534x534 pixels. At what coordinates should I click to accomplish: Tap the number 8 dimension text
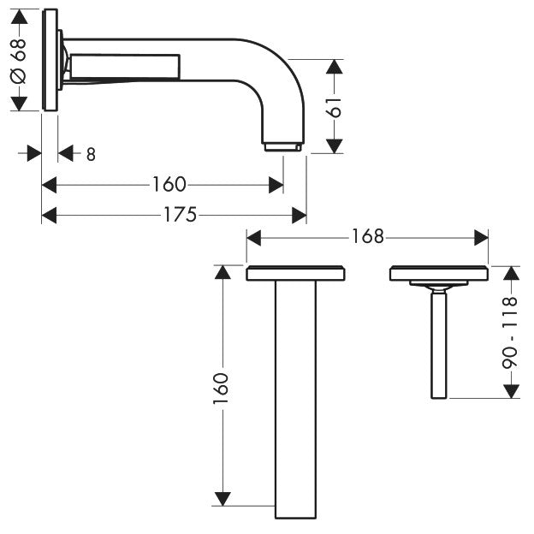pos(91,154)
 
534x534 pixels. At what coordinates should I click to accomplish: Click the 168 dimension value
pos(367,237)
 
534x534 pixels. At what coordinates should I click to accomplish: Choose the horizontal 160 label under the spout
pos(169,184)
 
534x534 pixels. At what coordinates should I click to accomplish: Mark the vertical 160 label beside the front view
pos(222,388)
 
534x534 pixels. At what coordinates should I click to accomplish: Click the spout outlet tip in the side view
pos(282,147)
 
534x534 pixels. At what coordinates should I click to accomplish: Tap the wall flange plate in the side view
pos(50,60)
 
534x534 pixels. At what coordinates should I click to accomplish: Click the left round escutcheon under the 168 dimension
pos(295,274)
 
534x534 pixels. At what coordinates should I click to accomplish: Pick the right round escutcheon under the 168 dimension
pos(438,274)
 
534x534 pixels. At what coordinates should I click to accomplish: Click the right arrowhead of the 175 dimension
pos(300,215)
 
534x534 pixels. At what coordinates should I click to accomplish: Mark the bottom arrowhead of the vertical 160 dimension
pos(222,498)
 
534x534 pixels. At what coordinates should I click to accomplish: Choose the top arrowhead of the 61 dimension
pos(335,66)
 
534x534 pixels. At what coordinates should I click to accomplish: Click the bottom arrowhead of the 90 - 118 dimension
pos(511,390)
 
